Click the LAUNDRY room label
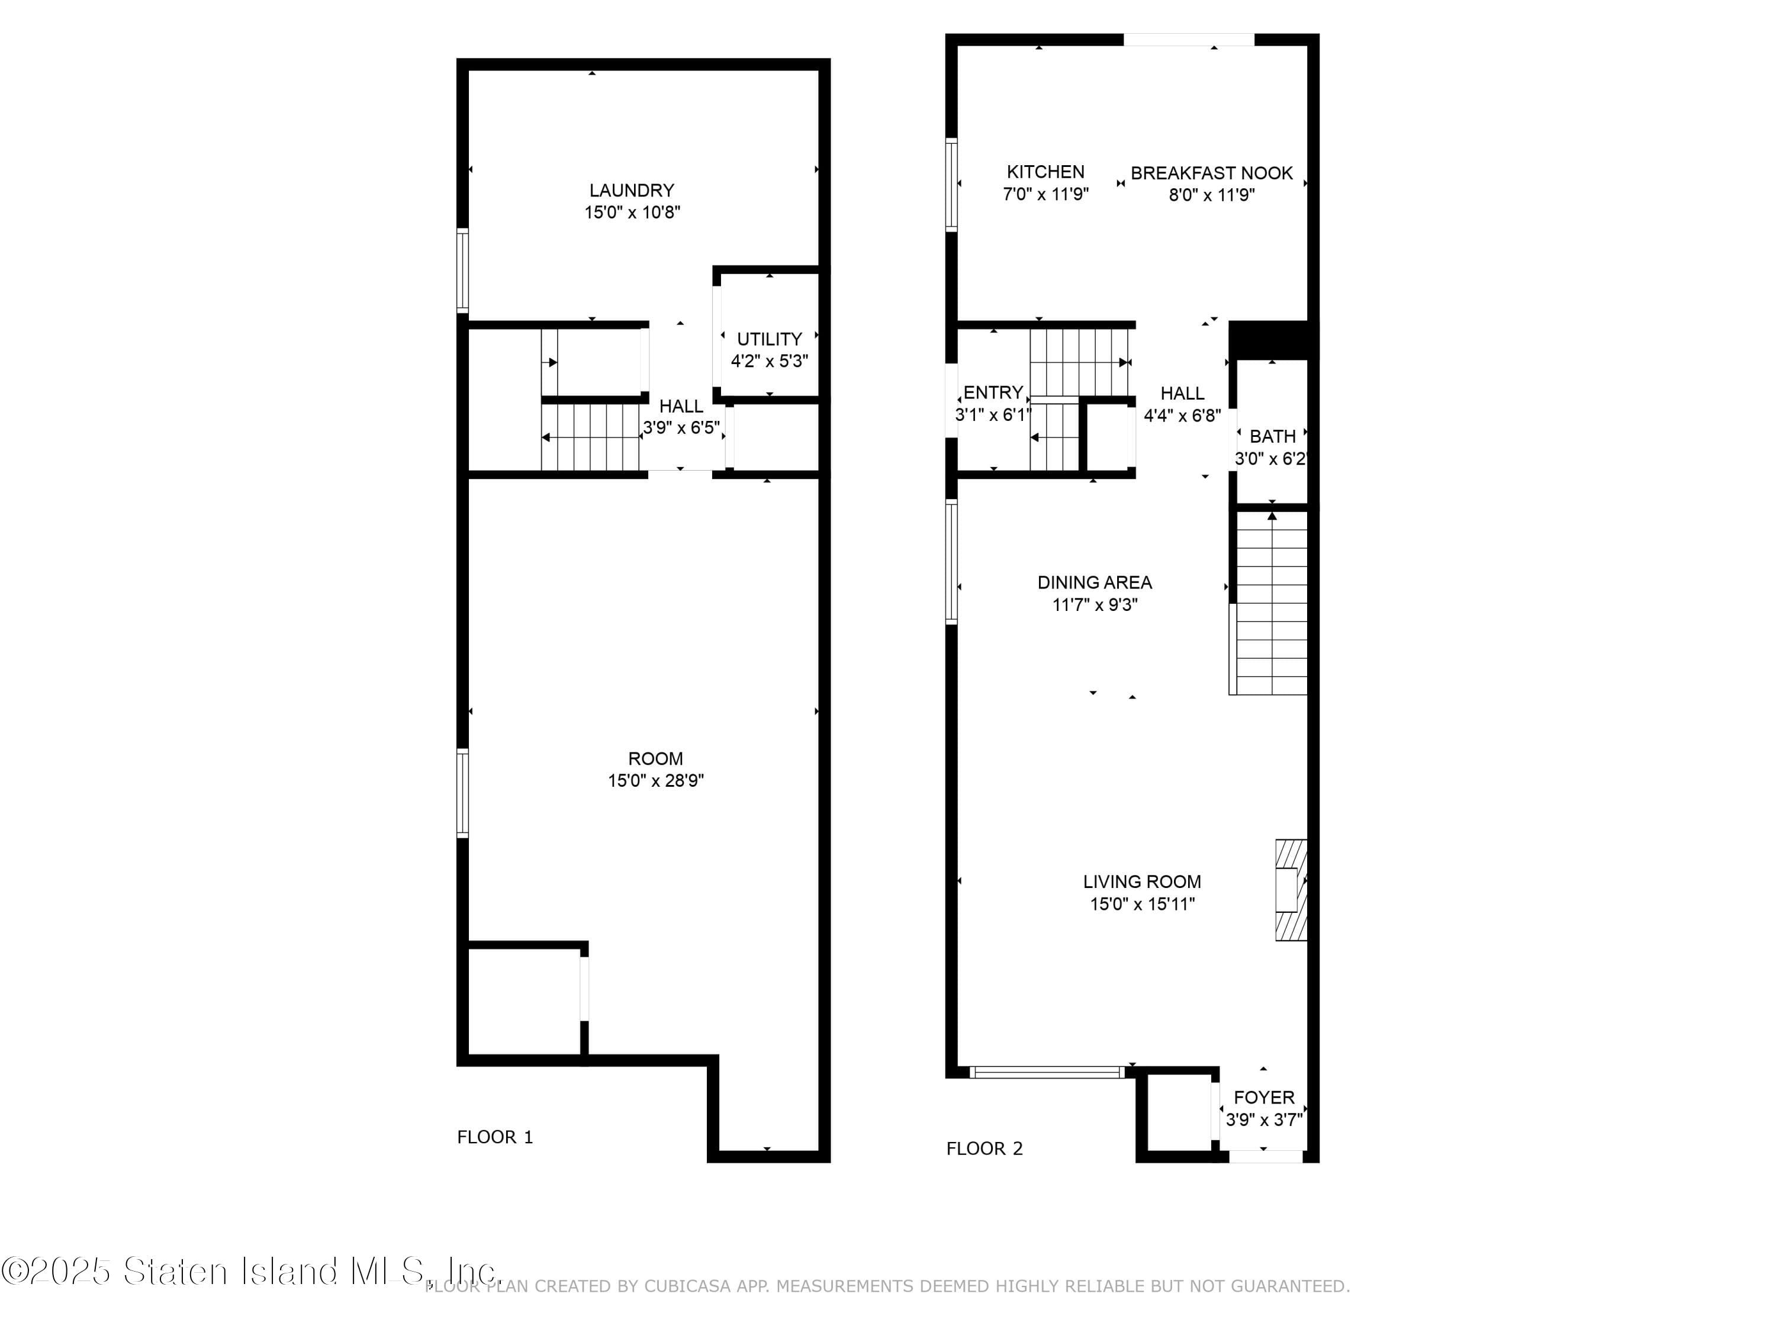point(632,190)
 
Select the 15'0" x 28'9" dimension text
point(656,780)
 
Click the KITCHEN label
point(1045,172)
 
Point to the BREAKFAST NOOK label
point(1212,173)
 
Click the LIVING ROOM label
point(1142,881)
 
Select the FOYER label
point(1264,1098)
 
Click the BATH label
point(1273,437)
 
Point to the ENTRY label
point(993,392)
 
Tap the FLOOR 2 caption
point(984,1149)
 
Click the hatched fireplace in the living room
point(1291,890)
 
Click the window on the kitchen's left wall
point(951,185)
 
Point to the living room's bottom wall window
point(1047,1072)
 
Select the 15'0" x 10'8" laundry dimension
point(633,213)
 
